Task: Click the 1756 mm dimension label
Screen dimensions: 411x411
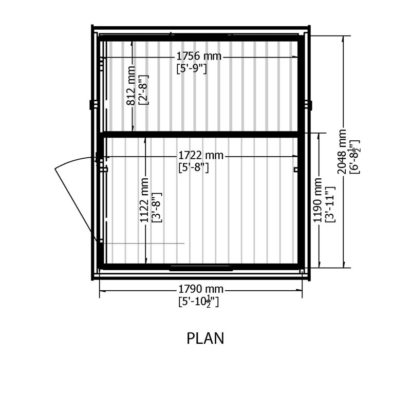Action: [x=199, y=56]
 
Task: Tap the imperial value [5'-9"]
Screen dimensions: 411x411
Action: [x=192, y=69]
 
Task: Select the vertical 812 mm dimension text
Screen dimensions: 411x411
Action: [x=131, y=85]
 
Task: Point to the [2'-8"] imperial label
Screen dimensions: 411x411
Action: [x=143, y=90]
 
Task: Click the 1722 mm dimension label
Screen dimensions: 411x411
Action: [x=201, y=156]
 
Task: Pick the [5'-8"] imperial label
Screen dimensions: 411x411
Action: [x=194, y=167]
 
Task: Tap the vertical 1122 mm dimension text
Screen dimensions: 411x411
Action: [x=144, y=200]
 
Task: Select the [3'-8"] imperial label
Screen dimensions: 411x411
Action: [x=157, y=208]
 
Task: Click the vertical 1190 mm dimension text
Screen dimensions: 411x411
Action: [x=317, y=200]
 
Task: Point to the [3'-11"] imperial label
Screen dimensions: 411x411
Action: [x=330, y=204]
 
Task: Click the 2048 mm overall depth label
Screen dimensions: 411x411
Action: [x=342, y=152]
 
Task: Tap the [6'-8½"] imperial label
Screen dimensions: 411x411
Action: [x=354, y=157]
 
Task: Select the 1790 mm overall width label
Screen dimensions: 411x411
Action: [x=201, y=289]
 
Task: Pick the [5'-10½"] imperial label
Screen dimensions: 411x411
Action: [x=198, y=302]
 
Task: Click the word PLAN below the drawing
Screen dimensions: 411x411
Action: [x=205, y=338]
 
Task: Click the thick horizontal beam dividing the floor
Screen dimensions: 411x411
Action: [x=201, y=135]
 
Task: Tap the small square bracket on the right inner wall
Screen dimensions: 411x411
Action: [x=296, y=170]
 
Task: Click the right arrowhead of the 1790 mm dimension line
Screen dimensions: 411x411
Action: [x=299, y=290]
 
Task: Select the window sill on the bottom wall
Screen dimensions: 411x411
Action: [x=201, y=268]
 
